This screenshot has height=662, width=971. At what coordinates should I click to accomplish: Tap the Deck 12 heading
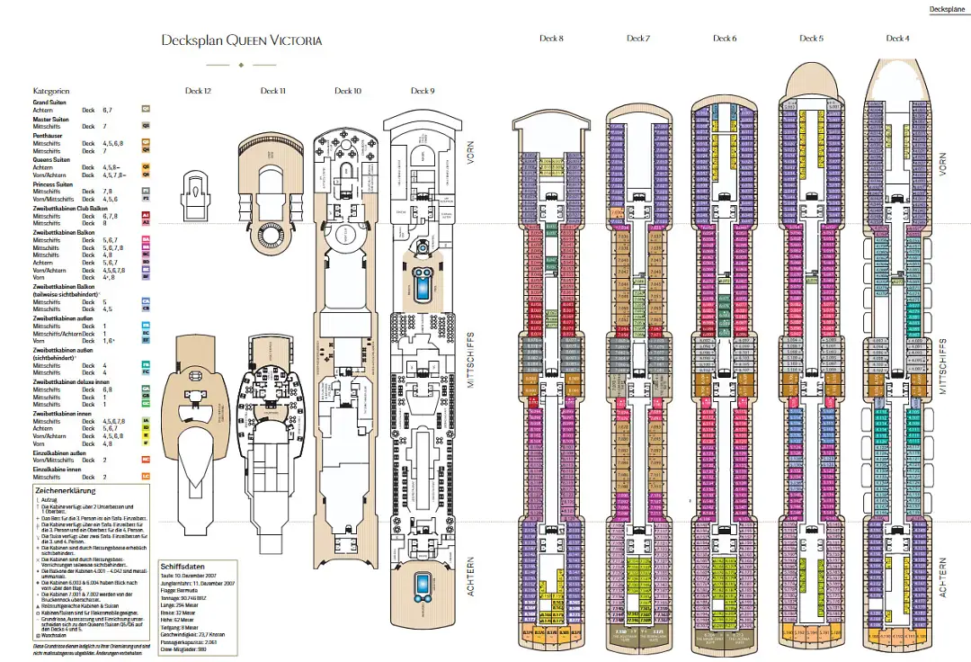pos(198,91)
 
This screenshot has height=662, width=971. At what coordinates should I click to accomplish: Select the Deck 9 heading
pos(423,91)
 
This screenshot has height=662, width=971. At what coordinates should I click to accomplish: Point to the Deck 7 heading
pos(637,39)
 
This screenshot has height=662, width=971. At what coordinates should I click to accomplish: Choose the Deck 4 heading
pos(896,39)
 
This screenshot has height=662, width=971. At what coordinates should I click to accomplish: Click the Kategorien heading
pos(51,92)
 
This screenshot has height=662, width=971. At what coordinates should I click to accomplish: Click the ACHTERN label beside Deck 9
pos(471,576)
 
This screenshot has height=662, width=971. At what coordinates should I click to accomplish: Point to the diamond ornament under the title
pos(241,65)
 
